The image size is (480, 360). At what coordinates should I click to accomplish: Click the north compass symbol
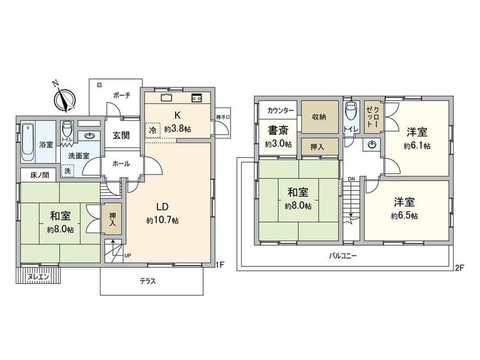pos(64,99)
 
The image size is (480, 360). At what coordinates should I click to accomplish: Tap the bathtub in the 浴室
pos(28,142)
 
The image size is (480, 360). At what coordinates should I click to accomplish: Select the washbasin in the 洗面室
pos(89,136)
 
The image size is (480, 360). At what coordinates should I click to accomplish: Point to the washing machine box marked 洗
pos(68,171)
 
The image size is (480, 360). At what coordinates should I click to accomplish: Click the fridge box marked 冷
pos(152,130)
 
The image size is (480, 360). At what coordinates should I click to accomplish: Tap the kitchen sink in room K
pos(166,98)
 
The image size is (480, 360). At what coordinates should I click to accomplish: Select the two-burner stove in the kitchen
pos(196,98)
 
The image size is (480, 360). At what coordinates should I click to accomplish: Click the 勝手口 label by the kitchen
pos(223,117)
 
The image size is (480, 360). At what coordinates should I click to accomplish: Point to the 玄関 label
pos(121,135)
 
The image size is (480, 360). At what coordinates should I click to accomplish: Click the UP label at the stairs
pos(128,255)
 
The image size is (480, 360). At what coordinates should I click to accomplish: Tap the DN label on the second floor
pos(351,179)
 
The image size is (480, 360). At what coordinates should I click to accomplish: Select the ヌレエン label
pos(38,277)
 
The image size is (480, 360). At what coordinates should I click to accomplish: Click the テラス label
pos(148,281)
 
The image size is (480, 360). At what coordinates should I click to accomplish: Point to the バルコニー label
pos(343,256)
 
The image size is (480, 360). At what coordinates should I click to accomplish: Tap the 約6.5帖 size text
pos(404,216)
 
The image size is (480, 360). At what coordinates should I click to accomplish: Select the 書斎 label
pos(278,131)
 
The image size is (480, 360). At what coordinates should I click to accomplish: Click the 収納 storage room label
pos(319,117)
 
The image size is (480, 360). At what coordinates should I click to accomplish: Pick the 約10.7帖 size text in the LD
pos(163,220)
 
